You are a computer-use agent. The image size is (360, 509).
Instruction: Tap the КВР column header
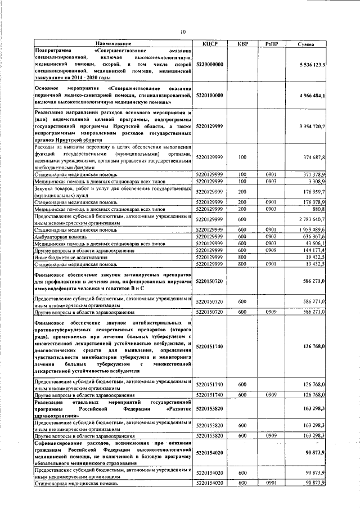pos(242,43)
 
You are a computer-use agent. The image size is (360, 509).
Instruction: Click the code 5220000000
pos(210,65)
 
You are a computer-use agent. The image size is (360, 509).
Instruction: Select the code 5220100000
pos(210,96)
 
